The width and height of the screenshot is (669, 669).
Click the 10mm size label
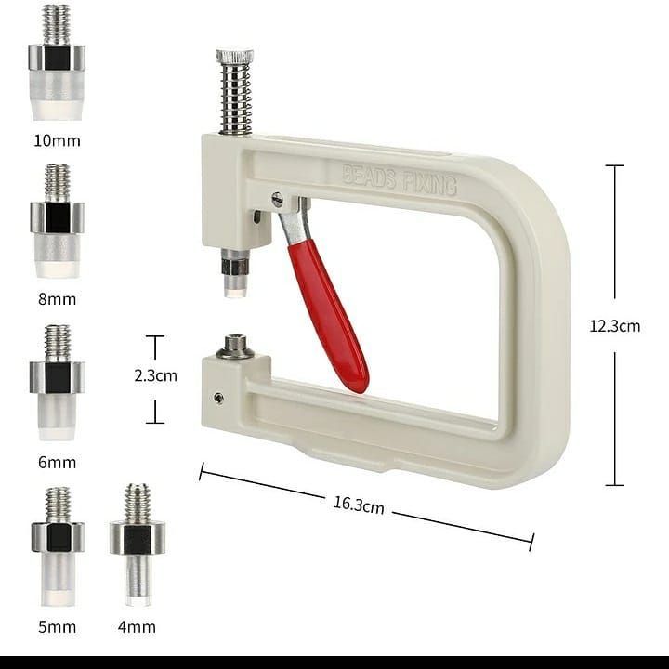(x=58, y=140)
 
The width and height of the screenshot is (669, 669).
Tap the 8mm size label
(x=58, y=299)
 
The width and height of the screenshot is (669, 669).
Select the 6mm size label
(x=58, y=462)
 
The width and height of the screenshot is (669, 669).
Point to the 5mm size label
(x=58, y=627)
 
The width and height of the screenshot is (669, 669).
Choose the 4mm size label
(x=137, y=627)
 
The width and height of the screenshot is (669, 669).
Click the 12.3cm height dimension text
(x=615, y=326)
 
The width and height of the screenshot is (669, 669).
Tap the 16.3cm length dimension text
(x=359, y=505)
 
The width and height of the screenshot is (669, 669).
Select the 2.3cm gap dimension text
(x=155, y=375)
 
